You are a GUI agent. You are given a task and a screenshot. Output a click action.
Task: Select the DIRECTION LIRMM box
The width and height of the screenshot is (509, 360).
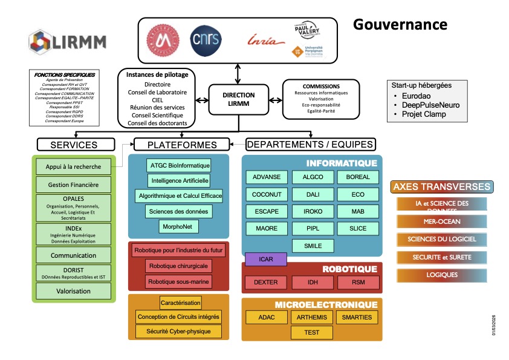coord(238,99)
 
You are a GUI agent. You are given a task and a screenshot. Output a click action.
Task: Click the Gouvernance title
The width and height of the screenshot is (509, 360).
coord(400,24)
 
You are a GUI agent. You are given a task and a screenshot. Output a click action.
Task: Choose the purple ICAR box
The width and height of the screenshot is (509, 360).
coord(265,260)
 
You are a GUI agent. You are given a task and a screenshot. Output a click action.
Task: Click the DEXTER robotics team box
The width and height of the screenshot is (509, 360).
coord(265,282)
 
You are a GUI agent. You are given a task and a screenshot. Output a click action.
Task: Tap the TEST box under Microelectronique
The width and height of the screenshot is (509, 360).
coord(311,332)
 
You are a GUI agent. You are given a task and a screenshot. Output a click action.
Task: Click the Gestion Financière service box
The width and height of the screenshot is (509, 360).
coord(73,184)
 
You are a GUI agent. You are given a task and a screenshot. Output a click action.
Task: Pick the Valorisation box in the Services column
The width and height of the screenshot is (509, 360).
coord(73,291)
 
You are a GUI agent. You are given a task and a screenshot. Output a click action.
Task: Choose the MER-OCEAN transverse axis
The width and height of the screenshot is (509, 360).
coord(443,221)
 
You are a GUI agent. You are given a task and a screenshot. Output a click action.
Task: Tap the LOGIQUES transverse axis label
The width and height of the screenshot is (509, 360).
coord(443,275)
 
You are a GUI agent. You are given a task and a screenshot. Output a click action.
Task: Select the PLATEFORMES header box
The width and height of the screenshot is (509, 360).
coord(180,145)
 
